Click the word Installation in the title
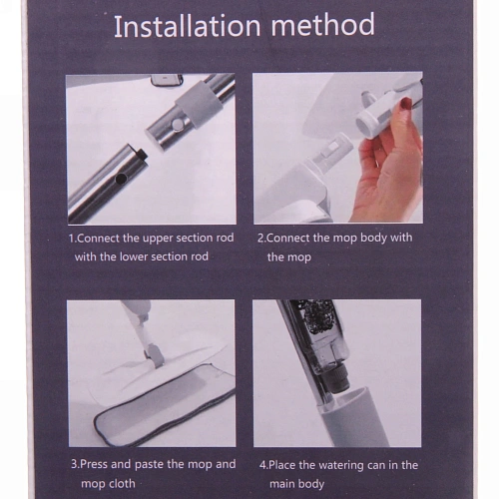pos(188,25)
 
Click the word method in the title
pos(323,25)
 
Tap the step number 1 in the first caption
pos(71,239)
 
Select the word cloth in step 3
pos(121,483)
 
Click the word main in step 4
pos(281,484)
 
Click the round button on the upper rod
pos(178,125)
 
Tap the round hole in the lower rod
pos(121,179)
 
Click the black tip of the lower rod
pos(142,155)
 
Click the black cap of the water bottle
pos(338,379)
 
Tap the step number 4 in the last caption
pos(263,465)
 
